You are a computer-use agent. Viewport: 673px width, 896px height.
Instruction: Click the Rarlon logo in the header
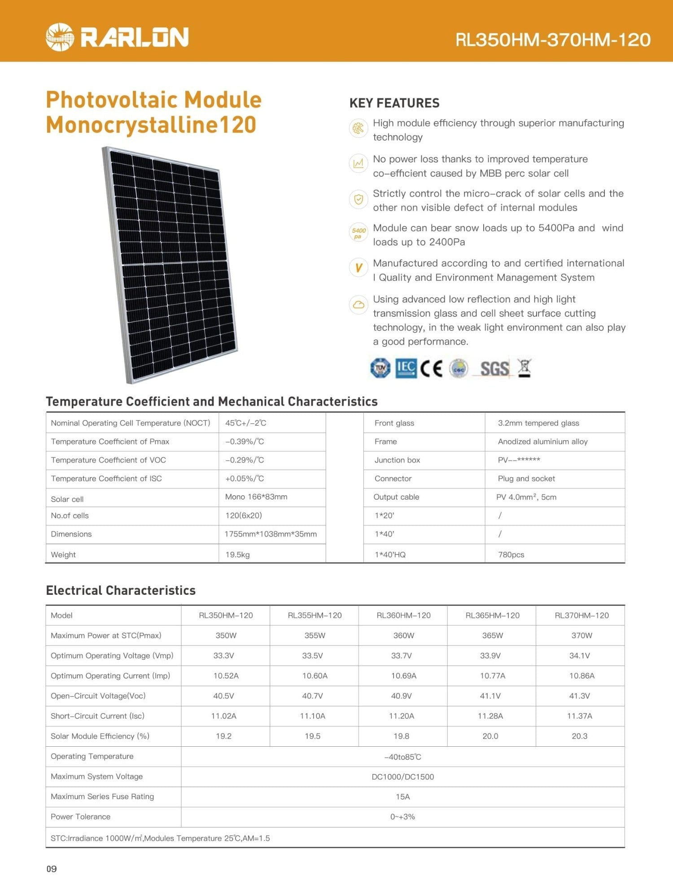117,37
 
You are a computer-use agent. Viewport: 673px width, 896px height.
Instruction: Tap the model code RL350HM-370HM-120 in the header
553,40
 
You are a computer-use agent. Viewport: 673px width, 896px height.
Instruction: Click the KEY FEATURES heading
394,103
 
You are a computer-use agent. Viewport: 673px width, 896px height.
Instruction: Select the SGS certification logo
494,369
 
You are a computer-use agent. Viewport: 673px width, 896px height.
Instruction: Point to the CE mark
431,368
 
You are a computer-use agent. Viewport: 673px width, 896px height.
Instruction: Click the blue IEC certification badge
406,368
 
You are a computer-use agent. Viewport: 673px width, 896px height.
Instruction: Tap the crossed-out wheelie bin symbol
524,368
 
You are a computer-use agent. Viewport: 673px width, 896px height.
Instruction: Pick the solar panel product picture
170,264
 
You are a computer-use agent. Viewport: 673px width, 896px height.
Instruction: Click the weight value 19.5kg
237,554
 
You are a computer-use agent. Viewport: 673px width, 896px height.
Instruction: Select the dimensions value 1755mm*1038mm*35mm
271,534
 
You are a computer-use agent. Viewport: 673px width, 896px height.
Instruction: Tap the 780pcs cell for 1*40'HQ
511,554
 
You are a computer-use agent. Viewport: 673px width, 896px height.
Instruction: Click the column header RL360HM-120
403,615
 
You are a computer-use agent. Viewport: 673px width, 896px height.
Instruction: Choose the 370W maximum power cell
581,636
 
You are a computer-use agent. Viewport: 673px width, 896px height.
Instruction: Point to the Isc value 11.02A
223,716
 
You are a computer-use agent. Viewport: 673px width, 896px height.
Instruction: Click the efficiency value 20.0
490,736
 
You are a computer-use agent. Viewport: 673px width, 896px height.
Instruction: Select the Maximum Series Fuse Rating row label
102,796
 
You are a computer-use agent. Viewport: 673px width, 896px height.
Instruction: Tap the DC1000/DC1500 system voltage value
403,777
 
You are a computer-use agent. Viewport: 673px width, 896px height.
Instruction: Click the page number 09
52,869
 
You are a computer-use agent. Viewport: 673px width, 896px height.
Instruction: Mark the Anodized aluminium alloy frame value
542,442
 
